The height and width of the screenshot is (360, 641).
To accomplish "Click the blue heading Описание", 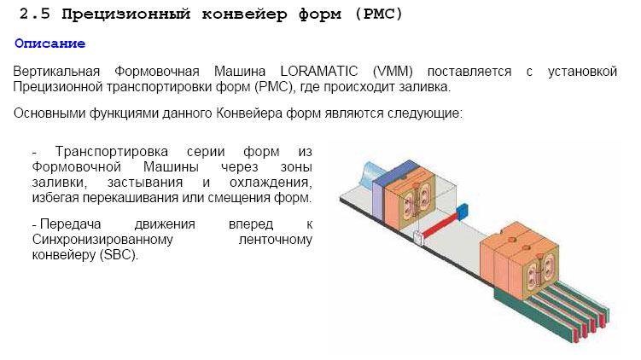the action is point(50,44).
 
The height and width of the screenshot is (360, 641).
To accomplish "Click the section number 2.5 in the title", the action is point(34,14).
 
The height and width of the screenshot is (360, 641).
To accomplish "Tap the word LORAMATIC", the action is point(319,72).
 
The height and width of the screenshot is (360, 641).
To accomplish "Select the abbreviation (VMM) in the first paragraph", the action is point(393,72).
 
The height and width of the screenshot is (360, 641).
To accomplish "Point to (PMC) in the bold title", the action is point(379,14).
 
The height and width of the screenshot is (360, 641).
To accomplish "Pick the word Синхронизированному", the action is point(102,240).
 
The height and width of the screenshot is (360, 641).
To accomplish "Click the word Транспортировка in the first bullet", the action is point(112,152).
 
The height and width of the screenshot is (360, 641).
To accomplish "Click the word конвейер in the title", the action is point(244,14).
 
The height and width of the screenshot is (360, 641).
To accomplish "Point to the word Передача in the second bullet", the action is point(70,224).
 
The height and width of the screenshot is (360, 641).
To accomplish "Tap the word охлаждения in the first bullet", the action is point(271,183).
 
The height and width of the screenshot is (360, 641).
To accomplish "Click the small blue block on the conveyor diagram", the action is point(463,212).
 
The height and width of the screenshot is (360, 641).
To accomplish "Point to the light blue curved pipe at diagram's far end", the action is point(371,173).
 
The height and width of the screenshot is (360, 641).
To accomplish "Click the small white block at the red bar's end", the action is point(417,238).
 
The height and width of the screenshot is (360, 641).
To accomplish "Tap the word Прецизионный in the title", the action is point(126,14).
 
